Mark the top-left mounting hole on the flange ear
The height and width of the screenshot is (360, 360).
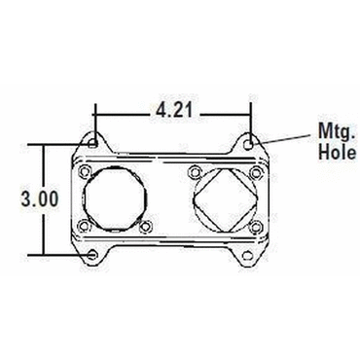point(92,142)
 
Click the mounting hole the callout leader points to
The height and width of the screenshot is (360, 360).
point(251,142)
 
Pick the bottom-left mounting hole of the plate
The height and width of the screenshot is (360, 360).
point(92,255)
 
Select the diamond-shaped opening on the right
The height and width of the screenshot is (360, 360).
point(224,200)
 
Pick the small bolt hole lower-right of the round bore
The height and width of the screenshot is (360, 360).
point(146,228)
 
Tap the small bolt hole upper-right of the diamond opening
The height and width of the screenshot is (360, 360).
point(255,171)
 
